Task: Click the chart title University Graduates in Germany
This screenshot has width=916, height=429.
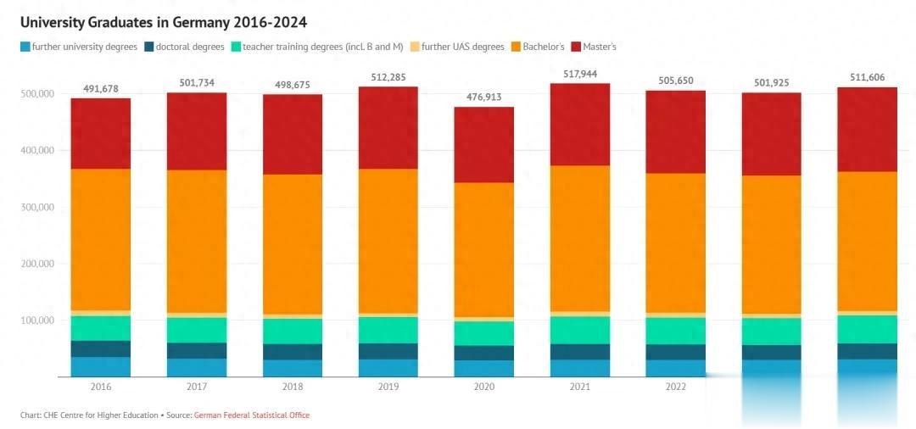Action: pos(163,21)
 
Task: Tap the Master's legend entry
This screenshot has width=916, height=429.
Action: pos(599,47)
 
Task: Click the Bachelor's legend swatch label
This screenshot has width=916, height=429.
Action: pos(544,47)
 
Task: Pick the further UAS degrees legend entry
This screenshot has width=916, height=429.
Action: pos(463,47)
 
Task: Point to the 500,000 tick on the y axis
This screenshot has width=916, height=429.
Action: pos(37,93)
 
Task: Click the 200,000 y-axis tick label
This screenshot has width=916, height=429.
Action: pos(37,264)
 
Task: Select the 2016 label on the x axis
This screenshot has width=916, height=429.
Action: pos(100,387)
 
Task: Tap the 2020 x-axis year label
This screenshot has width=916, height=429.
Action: pos(483,387)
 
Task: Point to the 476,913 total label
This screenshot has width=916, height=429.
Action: pos(483,97)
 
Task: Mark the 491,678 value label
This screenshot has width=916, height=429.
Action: pos(100,89)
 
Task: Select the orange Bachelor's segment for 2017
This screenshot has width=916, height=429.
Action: pos(196,241)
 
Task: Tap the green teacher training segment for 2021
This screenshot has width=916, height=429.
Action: pos(579,330)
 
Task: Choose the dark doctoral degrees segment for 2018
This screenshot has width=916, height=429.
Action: pos(292,352)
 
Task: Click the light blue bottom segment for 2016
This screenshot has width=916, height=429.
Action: pos(100,366)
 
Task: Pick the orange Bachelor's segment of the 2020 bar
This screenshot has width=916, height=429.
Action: pos(483,249)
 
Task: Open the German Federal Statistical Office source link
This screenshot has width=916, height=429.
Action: pos(252,415)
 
